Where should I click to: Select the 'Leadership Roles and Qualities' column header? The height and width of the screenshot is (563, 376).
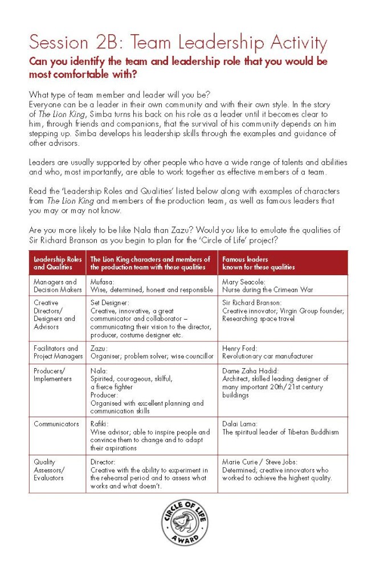58,263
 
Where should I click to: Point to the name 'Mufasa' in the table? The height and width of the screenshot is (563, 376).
103,282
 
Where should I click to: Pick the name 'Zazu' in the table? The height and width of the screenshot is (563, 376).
99,348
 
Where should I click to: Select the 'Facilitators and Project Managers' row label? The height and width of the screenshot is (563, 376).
58,352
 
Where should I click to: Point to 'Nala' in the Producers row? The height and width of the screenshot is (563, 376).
99,370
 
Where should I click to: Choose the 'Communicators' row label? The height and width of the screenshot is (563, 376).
56,424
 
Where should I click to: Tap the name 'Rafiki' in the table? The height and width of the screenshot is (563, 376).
101,424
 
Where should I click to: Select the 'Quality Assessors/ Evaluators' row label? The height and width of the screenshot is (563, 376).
49,470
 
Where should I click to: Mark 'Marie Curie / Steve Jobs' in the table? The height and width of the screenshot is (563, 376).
263,463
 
